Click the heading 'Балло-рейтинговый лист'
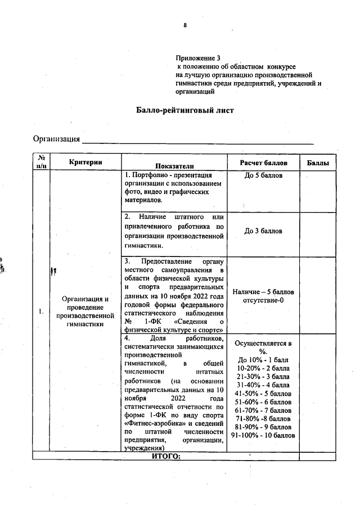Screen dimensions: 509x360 (x=185, y=110)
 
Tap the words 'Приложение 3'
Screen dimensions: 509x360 (x=197, y=58)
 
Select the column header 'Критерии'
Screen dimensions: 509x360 (x=85, y=162)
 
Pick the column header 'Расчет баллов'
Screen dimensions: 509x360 (x=263, y=163)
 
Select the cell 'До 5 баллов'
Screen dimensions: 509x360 (x=263, y=175)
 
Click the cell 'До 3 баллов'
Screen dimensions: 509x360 (x=263, y=231)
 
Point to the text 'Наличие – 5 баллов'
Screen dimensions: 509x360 (x=263, y=292)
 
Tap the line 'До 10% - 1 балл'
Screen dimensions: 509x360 (x=263, y=359)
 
